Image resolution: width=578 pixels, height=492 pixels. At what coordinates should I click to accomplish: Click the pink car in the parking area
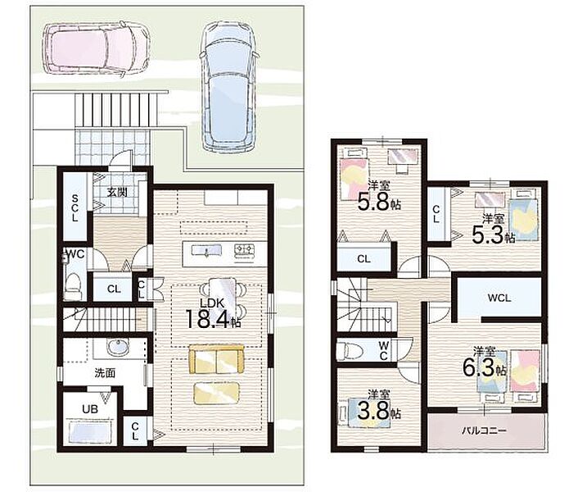tap(97, 48)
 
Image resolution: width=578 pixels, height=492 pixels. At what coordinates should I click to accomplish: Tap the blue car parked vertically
tap(229, 86)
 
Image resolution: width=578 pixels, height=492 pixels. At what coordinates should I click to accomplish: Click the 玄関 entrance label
tap(117, 193)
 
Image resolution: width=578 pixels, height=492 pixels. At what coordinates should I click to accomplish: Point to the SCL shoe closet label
tap(75, 207)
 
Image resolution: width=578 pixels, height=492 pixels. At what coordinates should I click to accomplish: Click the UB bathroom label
tap(90, 409)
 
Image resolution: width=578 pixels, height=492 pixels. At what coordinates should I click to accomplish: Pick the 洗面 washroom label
tap(105, 373)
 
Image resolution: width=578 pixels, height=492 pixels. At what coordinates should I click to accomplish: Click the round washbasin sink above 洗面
tap(118, 348)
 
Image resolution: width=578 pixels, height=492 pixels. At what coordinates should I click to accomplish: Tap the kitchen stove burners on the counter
tap(245, 250)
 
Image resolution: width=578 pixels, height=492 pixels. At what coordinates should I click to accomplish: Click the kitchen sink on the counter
tap(206, 251)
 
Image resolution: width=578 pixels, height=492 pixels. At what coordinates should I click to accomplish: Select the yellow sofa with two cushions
tap(216, 359)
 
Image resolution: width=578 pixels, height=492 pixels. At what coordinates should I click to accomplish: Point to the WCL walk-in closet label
tap(499, 298)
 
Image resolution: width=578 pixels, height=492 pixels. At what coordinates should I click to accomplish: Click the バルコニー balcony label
tap(485, 430)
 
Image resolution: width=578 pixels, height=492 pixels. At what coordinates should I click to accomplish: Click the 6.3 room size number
tap(478, 368)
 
